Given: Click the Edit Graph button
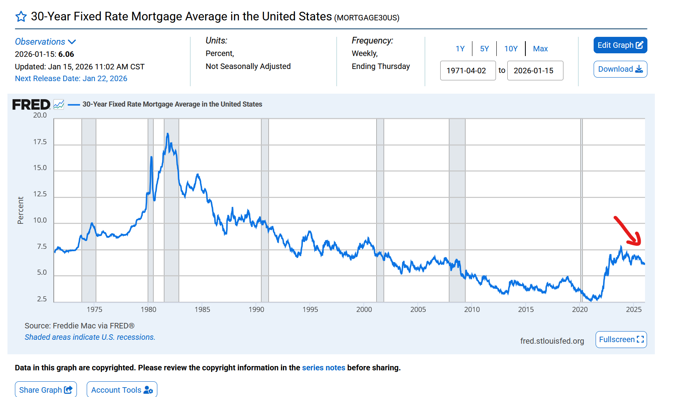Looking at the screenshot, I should [620, 45].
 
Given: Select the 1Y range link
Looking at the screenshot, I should [460, 49].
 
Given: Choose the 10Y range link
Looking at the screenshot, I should [510, 49].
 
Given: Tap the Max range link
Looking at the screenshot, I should [540, 49].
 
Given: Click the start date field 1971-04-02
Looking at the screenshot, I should [468, 71].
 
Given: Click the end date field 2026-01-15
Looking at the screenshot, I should [535, 71].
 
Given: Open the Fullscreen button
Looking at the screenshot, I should [621, 339].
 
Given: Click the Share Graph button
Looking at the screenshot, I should [46, 390].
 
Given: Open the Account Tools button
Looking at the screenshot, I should [122, 390].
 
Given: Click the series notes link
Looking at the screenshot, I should [323, 368].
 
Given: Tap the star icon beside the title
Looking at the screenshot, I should [21, 16].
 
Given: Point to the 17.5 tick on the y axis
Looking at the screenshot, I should [40, 142].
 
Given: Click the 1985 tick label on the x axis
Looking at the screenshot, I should [202, 310].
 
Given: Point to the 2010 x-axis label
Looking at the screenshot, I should [472, 310].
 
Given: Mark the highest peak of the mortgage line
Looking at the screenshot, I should [168, 134].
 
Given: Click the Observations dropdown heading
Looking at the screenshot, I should [45, 42].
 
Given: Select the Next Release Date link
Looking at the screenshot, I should [71, 78].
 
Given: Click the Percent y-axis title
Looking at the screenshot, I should [20, 210].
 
